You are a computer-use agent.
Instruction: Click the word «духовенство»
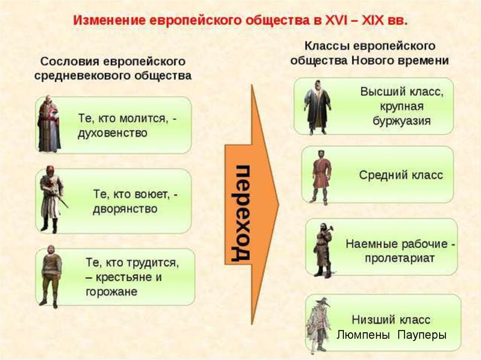click(113, 133)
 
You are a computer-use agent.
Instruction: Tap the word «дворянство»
click(125, 209)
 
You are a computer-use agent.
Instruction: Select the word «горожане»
click(111, 291)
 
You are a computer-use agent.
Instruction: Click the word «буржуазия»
click(402, 121)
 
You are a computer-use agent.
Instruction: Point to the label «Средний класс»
click(401, 175)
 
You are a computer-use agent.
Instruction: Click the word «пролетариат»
click(400, 258)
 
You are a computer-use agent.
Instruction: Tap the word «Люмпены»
click(363, 335)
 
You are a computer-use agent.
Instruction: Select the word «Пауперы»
click(422, 335)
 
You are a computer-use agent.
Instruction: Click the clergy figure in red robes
click(48, 124)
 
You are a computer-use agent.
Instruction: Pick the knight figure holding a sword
click(52, 199)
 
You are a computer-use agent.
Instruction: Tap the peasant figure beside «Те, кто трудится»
click(51, 276)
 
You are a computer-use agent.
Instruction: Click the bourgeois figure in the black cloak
click(317, 107)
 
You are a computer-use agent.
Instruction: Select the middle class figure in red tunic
click(321, 177)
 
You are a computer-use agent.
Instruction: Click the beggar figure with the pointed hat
click(319, 324)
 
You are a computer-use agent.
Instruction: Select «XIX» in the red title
click(372, 21)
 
